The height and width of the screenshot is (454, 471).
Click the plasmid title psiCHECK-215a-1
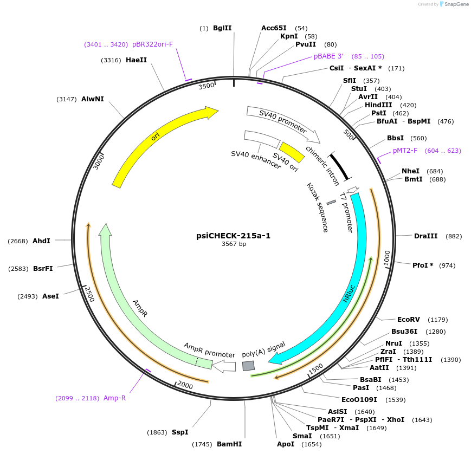pos(233,236)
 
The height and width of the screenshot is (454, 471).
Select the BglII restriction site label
pos(222,28)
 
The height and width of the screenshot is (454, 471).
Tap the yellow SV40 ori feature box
pos(292,152)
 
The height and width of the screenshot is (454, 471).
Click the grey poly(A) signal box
pos(248,366)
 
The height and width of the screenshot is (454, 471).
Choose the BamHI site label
pos(229,444)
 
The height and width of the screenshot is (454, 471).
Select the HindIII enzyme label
pos(378,105)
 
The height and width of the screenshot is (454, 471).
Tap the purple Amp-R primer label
pos(114,398)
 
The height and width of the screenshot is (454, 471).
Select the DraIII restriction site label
pos(425,236)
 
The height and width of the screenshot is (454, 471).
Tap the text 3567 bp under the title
pos(234,244)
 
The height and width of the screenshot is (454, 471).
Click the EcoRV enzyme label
pos(408,319)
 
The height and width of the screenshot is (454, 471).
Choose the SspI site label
pos(180,432)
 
